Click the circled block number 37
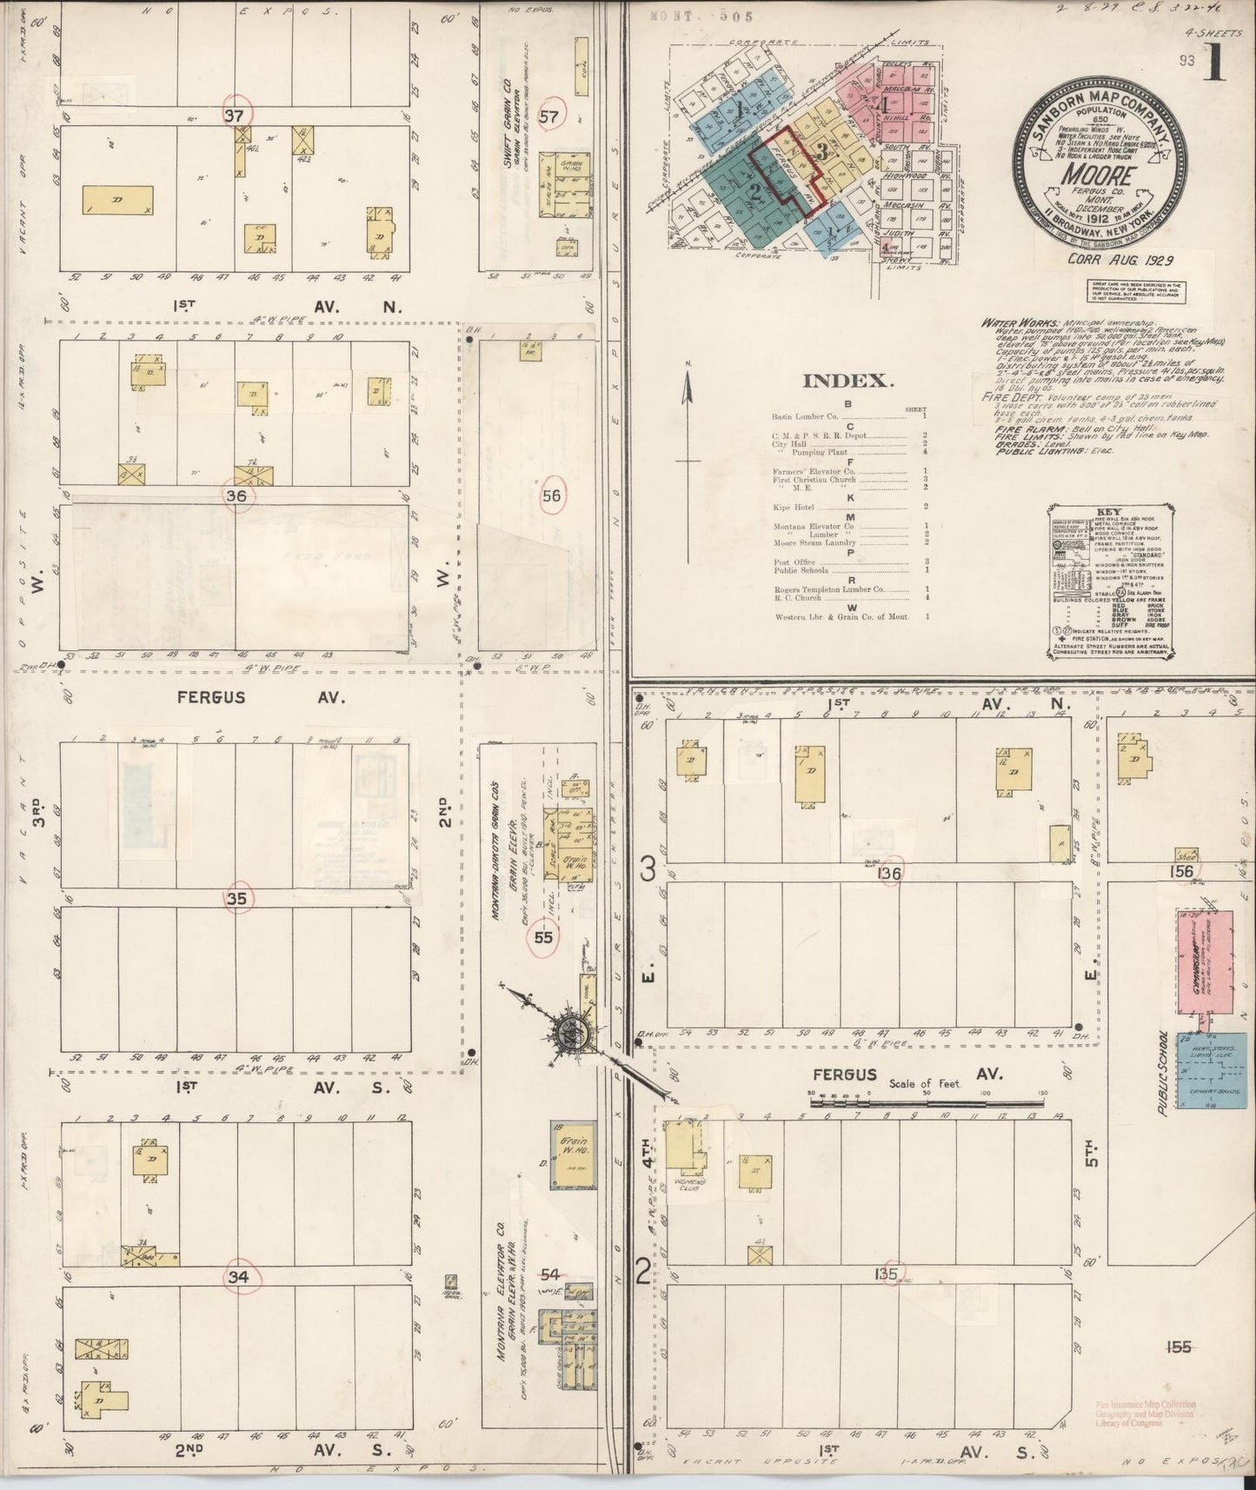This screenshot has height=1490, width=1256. coord(234,115)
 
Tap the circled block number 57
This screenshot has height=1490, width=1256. coord(548,116)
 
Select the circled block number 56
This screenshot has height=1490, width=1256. coord(551,496)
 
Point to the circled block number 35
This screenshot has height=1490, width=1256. coord(236,900)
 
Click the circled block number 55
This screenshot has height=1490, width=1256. coord(543,937)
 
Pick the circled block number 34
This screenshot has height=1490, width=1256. coord(236,1277)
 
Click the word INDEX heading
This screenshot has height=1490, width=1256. coord(847,382)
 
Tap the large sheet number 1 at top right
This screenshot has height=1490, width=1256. coord(1213,68)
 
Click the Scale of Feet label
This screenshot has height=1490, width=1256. coord(923,1084)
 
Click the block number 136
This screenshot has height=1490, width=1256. coord(889,873)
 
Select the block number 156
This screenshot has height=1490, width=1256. coord(1181,872)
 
